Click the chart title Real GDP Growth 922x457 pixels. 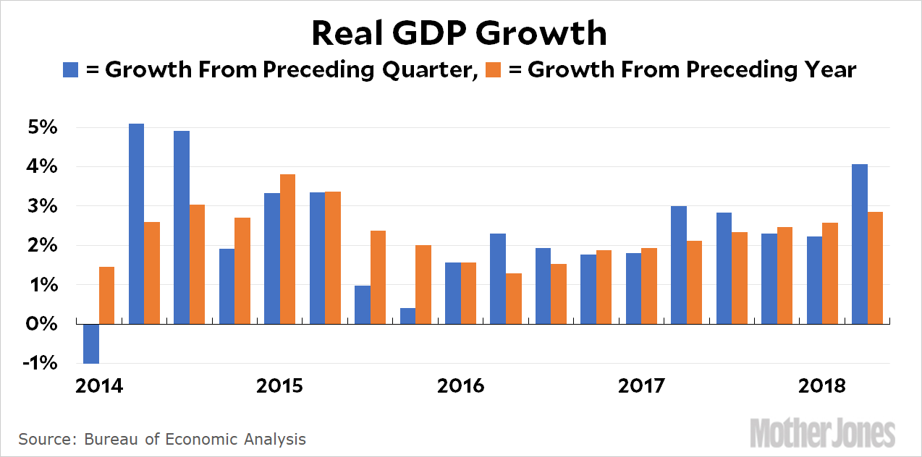[x=460, y=33]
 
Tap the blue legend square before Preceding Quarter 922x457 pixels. [x=71, y=69]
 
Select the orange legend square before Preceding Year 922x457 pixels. [x=494, y=69]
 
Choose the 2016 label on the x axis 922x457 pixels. [x=460, y=385]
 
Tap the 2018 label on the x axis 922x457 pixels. [x=822, y=385]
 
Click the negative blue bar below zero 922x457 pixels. [x=91, y=343]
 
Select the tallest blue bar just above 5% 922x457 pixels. [x=136, y=224]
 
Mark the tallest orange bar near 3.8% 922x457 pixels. [x=287, y=249]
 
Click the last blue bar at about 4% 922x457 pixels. [x=860, y=244]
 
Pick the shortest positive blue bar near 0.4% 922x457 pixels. [x=407, y=316]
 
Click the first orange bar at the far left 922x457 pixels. [x=106, y=296]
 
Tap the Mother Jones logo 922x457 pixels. [x=822, y=432]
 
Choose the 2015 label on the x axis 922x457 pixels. [x=279, y=385]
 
